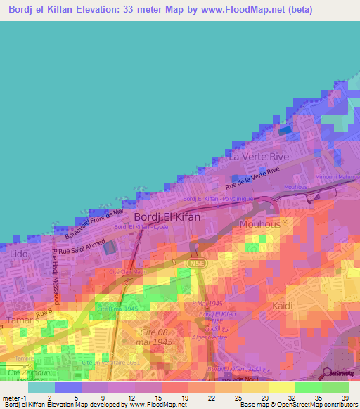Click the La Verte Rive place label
click(259, 157)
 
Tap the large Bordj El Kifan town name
click(167, 217)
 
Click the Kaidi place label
click(283, 306)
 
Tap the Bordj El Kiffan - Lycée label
click(142, 227)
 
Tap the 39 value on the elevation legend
click(344, 397)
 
